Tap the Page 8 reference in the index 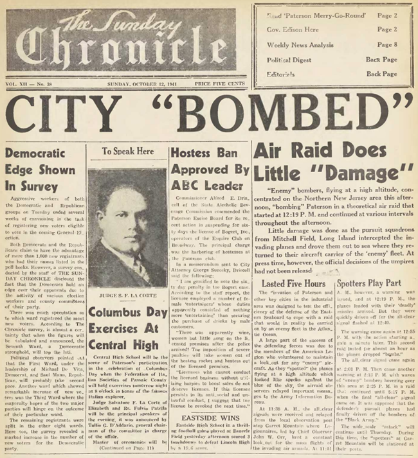(387, 45)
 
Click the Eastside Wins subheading (206, 399)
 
